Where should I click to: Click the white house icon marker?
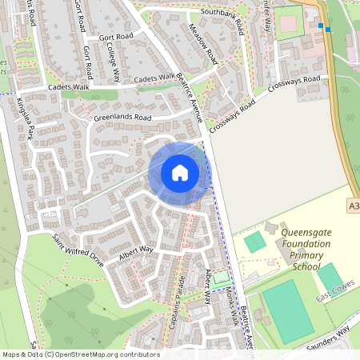click(x=180, y=173)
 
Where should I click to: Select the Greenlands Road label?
click(x=122, y=118)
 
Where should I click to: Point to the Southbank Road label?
click(x=205, y=13)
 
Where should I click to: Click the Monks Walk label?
click(x=230, y=305)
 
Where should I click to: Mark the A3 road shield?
click(x=354, y=206)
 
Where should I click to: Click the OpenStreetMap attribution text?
click(x=80, y=354)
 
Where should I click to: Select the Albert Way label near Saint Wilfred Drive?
click(x=135, y=251)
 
